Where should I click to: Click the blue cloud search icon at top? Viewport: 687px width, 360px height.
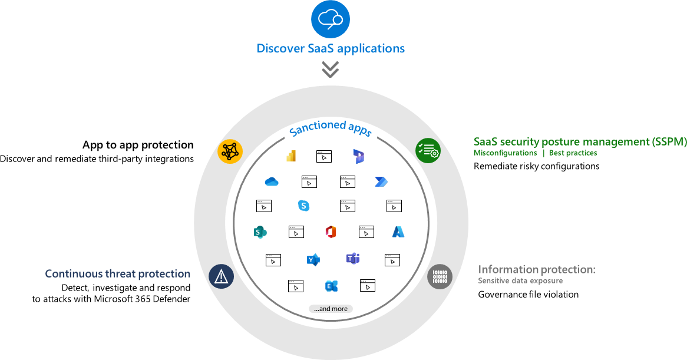(x=330, y=19)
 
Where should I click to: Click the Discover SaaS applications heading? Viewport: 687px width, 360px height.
(x=331, y=48)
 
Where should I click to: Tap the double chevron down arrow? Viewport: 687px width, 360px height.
(x=330, y=70)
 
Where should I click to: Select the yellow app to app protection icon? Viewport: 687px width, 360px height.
(x=230, y=151)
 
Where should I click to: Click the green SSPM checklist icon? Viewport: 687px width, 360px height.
(x=428, y=151)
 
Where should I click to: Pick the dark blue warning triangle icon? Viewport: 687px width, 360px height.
(x=222, y=276)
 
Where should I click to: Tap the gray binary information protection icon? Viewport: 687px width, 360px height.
(x=440, y=276)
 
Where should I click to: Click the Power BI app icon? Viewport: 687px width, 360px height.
(x=290, y=156)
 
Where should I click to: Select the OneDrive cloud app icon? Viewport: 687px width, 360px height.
(x=272, y=182)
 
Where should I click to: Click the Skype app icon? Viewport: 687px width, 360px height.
(x=303, y=206)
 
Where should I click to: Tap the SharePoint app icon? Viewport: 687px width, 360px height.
(x=259, y=232)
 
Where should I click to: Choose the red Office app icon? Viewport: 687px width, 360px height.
(x=331, y=232)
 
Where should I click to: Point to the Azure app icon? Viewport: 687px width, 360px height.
(x=398, y=232)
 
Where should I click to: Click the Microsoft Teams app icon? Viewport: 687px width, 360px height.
(x=353, y=259)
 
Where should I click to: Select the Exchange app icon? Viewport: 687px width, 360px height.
(x=331, y=286)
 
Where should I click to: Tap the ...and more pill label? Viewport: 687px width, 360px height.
(x=331, y=309)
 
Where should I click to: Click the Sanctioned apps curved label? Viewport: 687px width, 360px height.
(x=331, y=128)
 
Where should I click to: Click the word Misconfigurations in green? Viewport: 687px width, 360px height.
(x=505, y=153)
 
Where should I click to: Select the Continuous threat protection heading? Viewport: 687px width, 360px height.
(x=118, y=274)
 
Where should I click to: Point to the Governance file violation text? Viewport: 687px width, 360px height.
(x=528, y=294)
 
